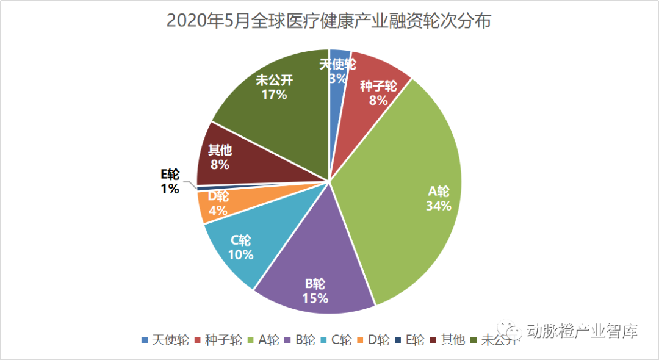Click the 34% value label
pos(438,206)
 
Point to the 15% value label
pos(315,298)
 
